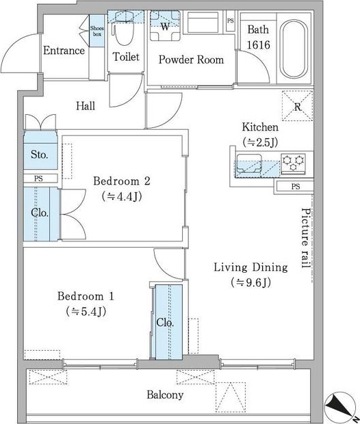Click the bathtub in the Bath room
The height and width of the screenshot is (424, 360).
click(x=294, y=49)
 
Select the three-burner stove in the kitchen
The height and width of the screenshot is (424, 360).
click(x=293, y=163)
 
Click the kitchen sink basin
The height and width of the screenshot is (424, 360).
click(x=249, y=163)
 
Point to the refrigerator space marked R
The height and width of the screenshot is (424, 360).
click(x=298, y=106)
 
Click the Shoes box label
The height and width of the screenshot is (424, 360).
click(x=97, y=31)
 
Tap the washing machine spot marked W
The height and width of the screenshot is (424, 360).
click(x=165, y=26)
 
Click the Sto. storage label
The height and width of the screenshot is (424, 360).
click(x=40, y=155)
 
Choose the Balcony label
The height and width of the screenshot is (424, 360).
click(x=165, y=395)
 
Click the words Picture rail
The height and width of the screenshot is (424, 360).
click(x=306, y=238)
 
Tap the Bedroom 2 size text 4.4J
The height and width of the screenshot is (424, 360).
click(x=122, y=196)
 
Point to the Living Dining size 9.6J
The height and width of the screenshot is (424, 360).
click(x=251, y=282)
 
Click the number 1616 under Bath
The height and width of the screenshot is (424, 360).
click(x=259, y=45)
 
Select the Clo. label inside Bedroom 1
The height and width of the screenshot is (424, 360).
click(x=165, y=322)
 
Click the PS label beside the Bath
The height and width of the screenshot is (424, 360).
click(x=231, y=21)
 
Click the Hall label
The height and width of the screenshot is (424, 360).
click(x=86, y=106)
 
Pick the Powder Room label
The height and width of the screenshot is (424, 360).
click(x=191, y=59)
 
